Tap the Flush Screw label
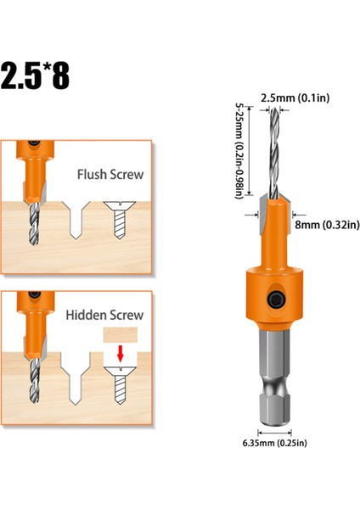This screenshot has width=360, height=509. coord(110,176)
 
